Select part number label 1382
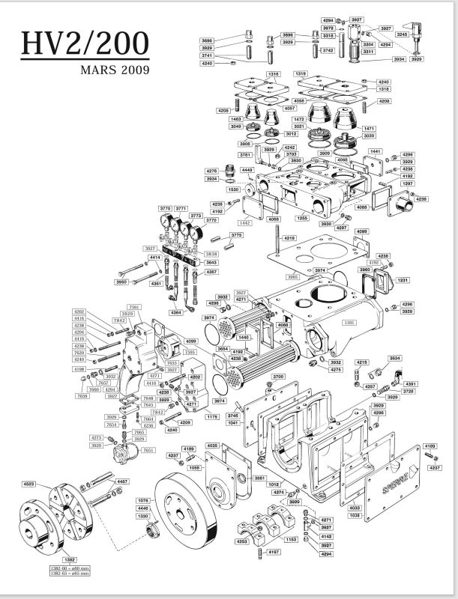point(68,559)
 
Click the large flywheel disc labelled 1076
point(187,517)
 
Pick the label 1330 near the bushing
point(142,516)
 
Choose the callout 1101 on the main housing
point(348,322)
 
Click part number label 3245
point(401,34)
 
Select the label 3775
point(236,235)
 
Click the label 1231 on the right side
point(402,279)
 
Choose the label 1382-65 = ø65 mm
point(69,574)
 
